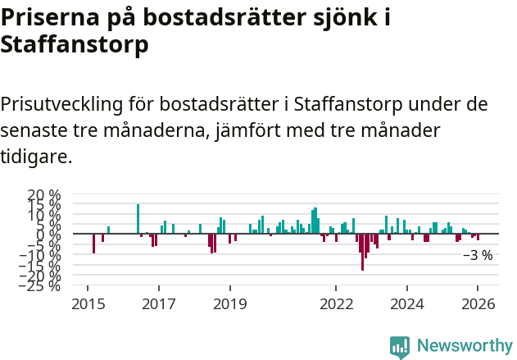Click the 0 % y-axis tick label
point(50,235)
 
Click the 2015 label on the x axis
point(88,303)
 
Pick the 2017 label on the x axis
point(159,303)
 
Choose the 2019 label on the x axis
point(230,303)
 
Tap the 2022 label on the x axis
point(336,303)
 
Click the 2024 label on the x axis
point(406,303)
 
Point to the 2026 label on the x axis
point(478,303)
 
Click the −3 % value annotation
point(478,255)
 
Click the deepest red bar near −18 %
point(362,252)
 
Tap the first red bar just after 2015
point(93,244)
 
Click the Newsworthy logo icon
point(400,346)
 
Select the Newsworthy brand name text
point(465,346)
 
